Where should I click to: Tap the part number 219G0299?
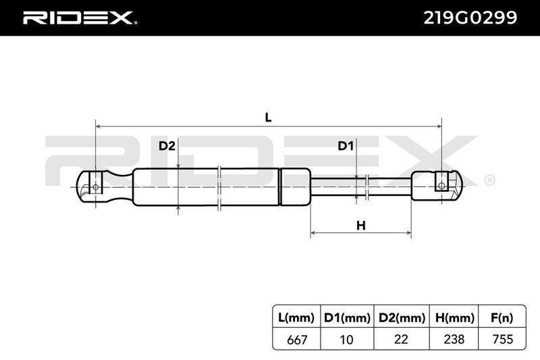coord(470,18)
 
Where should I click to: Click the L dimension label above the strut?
coord(268,118)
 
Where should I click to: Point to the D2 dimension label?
coord(167,146)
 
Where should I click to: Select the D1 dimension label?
coord(346,146)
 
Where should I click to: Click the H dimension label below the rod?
coord(360,226)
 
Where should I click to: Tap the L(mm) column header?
coord(296,317)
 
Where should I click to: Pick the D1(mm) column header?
coord(347,317)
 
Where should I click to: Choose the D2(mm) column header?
coord(402,317)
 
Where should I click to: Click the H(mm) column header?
coord(454,317)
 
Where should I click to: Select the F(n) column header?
coord(502,317)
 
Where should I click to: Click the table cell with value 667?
coord(296,339)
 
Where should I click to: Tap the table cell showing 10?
coord(347,339)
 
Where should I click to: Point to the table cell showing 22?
coord(402,339)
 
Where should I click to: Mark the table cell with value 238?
coord(454,339)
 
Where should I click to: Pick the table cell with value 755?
coord(503,339)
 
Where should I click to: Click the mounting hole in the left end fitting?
coord(96,187)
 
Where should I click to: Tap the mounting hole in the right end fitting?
coord(441,186)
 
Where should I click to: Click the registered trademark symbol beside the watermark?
coord(490,180)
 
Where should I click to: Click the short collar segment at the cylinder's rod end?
coord(296,186)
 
